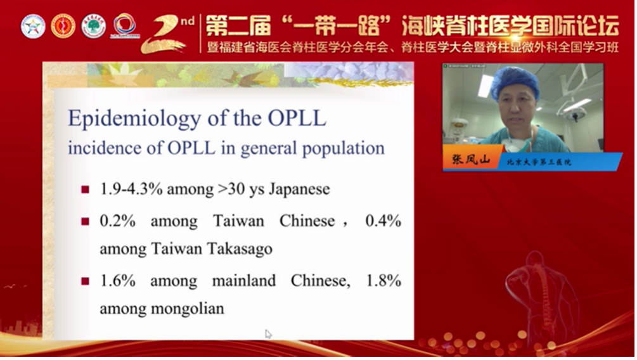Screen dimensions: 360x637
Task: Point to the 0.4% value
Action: [x=383, y=221]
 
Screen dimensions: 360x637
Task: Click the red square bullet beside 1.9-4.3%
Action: [x=86, y=190]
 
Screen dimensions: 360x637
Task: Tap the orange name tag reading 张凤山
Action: [x=472, y=161]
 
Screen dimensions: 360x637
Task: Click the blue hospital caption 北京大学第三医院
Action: [x=539, y=162]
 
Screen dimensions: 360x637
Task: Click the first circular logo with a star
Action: [x=32, y=26]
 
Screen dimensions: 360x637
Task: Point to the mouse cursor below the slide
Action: [x=268, y=333]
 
